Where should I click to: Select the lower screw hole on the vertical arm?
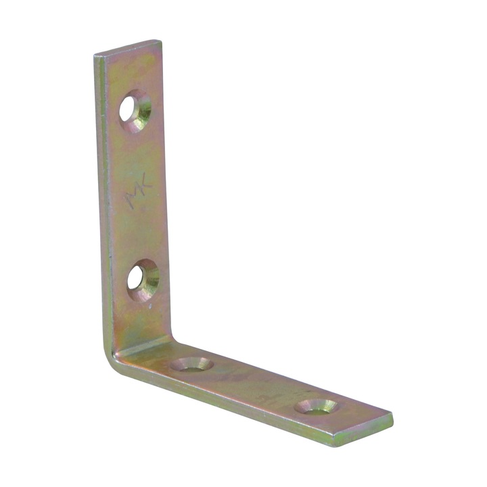(143, 279)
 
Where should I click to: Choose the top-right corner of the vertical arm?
(160, 42)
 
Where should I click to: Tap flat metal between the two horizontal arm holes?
(254, 386)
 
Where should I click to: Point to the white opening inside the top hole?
(129, 108)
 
